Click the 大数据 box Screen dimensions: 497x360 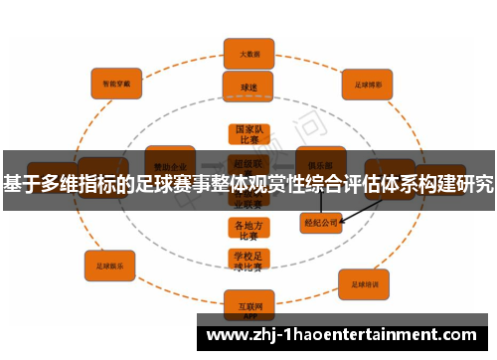click(x=248, y=54)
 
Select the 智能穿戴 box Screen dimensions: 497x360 click(x=116, y=84)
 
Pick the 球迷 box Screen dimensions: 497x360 click(x=248, y=87)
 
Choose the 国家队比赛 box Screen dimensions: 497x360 click(x=248, y=136)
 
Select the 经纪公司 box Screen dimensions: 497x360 click(x=320, y=223)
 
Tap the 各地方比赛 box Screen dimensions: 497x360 click(x=248, y=230)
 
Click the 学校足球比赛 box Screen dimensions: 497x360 click(x=248, y=261)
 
